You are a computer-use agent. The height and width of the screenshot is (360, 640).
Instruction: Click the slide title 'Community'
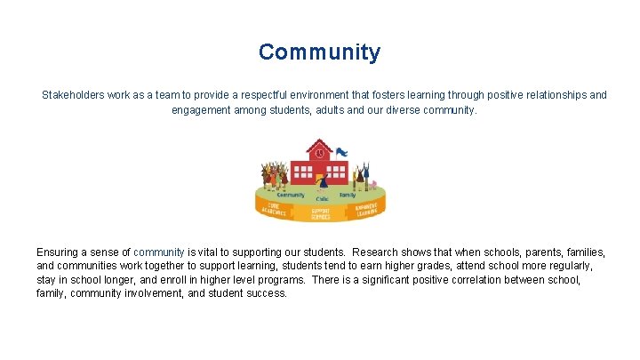(x=319, y=52)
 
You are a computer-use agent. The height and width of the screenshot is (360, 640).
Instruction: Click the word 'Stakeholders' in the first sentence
(x=74, y=94)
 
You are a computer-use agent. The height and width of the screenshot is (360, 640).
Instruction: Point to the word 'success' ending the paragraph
(x=266, y=292)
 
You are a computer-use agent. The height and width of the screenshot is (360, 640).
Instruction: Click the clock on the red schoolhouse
(x=319, y=152)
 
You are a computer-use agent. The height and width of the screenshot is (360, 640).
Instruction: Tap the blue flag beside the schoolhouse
(x=341, y=152)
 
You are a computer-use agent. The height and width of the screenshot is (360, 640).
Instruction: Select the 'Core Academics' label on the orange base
(x=274, y=208)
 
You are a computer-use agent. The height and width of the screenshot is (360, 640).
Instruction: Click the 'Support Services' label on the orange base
(x=321, y=214)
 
